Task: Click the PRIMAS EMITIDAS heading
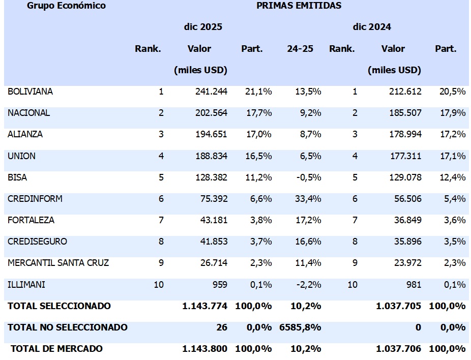coord(299,6)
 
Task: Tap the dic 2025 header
coord(203,27)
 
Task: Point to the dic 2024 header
coord(372,27)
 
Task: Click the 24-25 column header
coord(300,49)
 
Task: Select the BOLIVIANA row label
coord(31,92)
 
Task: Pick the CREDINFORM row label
coord(35,199)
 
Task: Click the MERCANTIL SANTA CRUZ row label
coord(58,263)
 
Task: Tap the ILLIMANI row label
coord(26,284)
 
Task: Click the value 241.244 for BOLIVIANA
coord(211,92)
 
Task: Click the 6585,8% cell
coord(300,327)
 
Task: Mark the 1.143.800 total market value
coord(205,349)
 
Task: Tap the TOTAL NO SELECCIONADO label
coord(68,327)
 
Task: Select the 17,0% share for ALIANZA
coord(259,135)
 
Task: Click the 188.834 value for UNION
coord(211,156)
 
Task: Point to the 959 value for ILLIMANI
coord(219,284)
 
